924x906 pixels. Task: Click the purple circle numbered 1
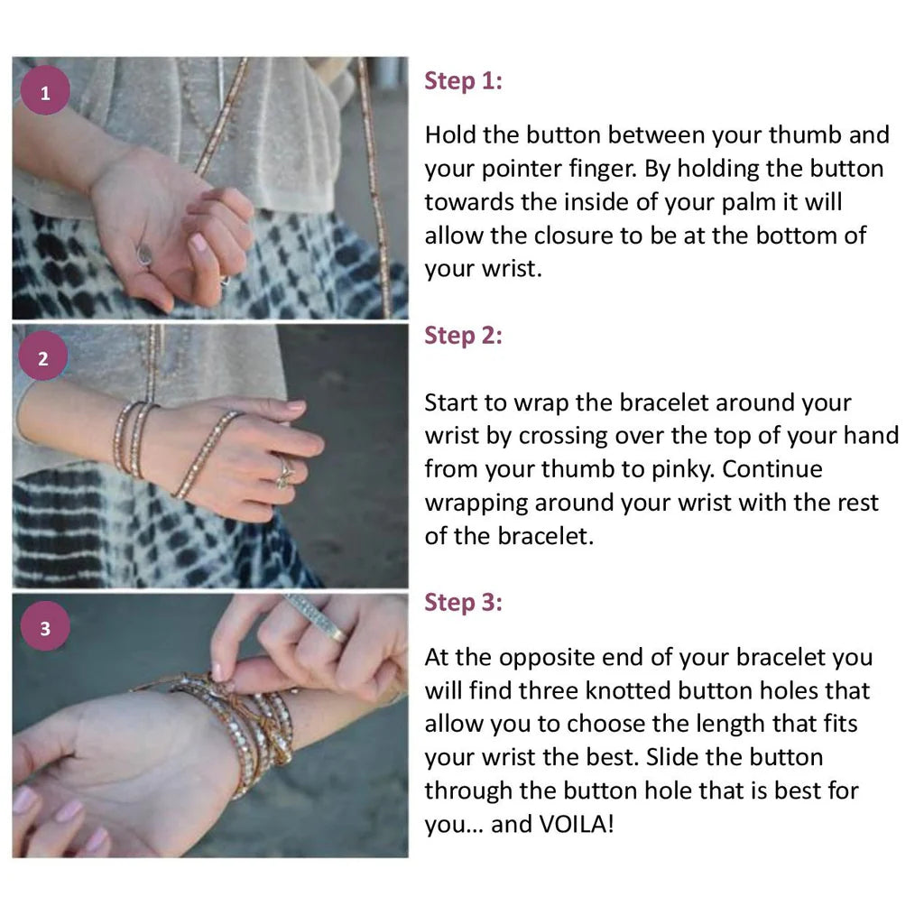[x=45, y=90]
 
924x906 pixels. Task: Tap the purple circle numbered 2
[x=43, y=356]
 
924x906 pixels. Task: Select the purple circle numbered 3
[x=45, y=626]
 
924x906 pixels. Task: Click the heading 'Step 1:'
[x=463, y=81]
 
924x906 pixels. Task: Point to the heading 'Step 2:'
[x=463, y=336]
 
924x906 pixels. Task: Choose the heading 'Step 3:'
[x=463, y=603]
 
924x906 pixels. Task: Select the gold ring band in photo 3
[x=339, y=634]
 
